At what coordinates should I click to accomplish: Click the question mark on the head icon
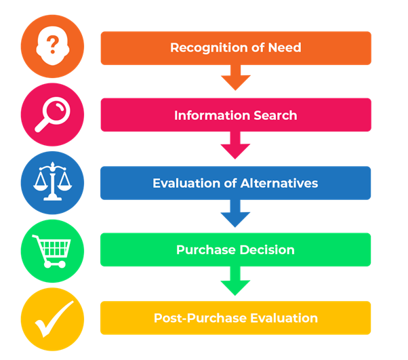click(x=53, y=45)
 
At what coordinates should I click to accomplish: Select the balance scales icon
click(x=53, y=182)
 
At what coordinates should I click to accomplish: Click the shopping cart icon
click(x=52, y=252)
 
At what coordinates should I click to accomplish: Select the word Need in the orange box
click(x=285, y=47)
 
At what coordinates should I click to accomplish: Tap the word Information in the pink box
click(x=212, y=115)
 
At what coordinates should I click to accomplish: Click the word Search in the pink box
click(x=275, y=115)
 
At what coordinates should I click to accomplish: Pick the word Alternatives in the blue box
click(x=279, y=183)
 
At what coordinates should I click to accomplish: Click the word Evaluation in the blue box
click(x=187, y=183)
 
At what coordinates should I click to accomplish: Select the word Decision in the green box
click(x=267, y=250)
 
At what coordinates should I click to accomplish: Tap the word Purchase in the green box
click(x=206, y=250)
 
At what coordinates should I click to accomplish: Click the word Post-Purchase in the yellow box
click(x=201, y=318)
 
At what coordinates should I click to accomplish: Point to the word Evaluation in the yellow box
click(x=284, y=318)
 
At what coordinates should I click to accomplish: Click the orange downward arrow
click(x=235, y=77)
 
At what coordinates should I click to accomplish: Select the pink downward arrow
click(x=235, y=145)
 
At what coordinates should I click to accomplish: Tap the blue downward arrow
click(x=235, y=214)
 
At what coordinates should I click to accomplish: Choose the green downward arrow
click(x=235, y=281)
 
